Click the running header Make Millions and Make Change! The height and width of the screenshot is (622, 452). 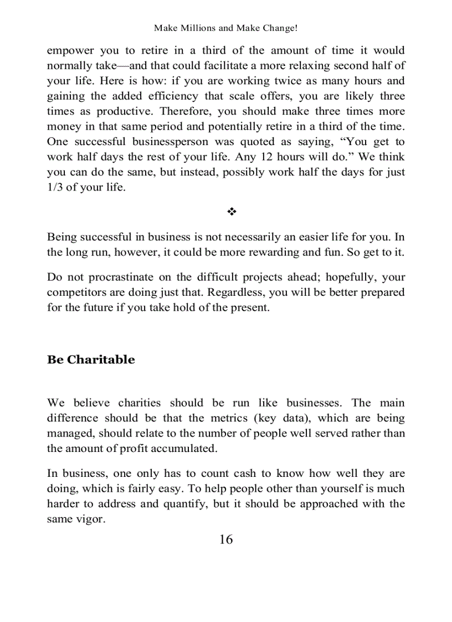(x=226, y=28)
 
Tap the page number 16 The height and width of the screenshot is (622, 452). (x=226, y=539)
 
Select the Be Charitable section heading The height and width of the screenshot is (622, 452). (x=91, y=359)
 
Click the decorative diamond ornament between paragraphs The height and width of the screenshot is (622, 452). (x=226, y=212)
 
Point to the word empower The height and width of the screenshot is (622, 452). (x=69, y=50)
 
